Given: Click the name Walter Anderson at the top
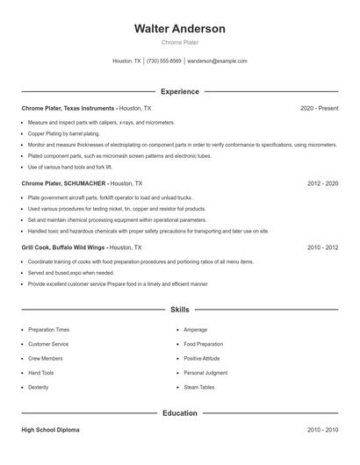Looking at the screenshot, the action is [x=179, y=28].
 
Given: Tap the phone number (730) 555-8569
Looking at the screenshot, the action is [x=164, y=61].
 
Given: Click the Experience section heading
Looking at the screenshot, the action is [x=179, y=91].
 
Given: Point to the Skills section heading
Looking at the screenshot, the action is [x=179, y=310].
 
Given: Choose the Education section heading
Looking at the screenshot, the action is [x=179, y=412].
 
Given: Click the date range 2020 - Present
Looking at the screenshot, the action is [x=319, y=108].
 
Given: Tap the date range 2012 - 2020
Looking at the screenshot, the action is [x=322, y=183].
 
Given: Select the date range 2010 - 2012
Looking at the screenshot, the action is [x=322, y=247].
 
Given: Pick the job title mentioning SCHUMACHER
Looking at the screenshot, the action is [x=63, y=183].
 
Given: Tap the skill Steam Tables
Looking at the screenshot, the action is [x=198, y=387].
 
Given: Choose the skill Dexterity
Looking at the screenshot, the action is [x=39, y=387].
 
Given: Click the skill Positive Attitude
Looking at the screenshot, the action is [x=202, y=358].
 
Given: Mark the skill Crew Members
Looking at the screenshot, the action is [x=45, y=358].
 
